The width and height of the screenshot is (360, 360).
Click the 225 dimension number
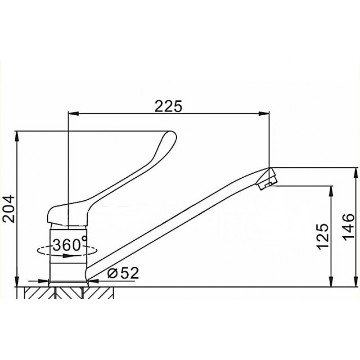click(168, 106)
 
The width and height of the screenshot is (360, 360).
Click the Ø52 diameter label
click(123, 273)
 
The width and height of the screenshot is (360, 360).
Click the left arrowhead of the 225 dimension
click(74, 113)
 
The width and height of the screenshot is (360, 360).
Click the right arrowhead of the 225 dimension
click(264, 113)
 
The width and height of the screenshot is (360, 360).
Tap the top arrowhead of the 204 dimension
click(17, 137)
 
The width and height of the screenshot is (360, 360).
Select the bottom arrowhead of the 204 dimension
click(17, 282)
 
